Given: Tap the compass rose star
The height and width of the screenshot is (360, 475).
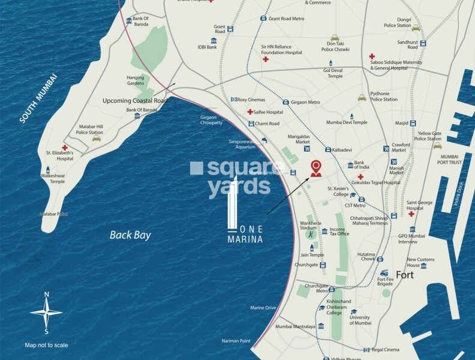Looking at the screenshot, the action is tap(46, 312).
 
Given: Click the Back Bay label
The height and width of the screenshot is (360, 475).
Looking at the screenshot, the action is tap(130, 235).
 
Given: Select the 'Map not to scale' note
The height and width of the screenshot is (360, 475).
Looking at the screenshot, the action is tap(46, 345).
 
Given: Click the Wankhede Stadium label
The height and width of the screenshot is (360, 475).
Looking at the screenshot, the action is tap(308, 225).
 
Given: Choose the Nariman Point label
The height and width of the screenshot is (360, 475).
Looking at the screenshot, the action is tap(235, 341).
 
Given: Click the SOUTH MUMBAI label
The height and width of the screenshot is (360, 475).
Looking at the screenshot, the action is tap(37, 98).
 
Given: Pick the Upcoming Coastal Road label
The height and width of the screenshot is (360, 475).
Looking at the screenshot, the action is tap(136, 100).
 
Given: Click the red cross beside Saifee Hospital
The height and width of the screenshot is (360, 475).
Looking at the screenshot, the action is tap(249, 112).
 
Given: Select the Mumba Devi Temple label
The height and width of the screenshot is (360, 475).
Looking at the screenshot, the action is tap(347, 122).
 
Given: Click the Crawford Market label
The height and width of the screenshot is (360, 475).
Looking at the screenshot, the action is tap(401, 148).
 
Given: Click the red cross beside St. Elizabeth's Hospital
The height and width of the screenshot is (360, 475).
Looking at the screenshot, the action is tap(64, 147).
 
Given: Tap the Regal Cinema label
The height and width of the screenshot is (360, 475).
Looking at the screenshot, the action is tap(385, 349).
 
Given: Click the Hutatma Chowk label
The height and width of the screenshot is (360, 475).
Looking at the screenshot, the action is tap(366, 256).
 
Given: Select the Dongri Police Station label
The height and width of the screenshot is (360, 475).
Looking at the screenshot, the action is tap(398, 23).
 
